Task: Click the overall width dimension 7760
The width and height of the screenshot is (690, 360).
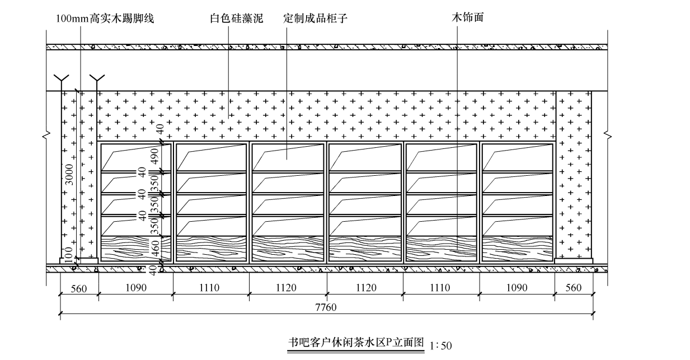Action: pos(326,307)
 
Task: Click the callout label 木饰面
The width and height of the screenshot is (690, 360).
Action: pos(467,18)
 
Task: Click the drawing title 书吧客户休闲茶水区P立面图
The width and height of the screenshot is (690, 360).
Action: pos(356,343)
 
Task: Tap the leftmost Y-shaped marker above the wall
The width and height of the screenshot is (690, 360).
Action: pos(61,79)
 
